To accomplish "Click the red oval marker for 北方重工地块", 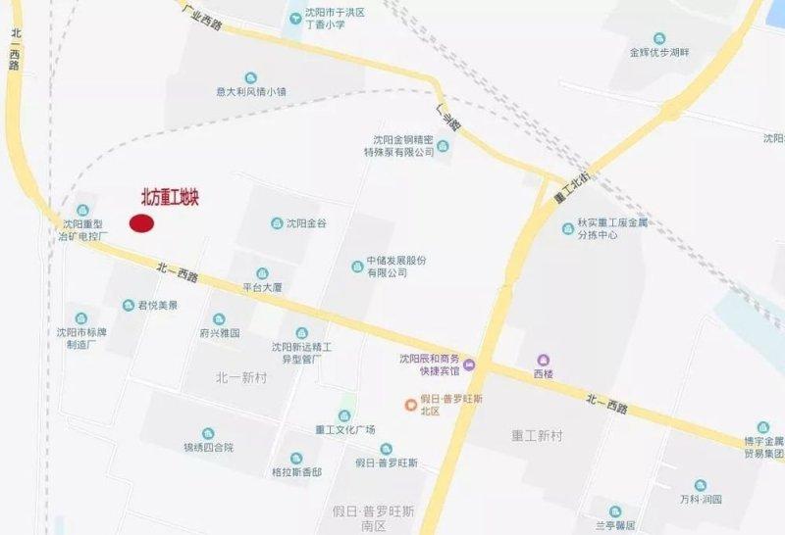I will point(142,223).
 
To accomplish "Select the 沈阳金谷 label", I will point(305,224).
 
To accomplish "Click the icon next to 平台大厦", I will point(262,273).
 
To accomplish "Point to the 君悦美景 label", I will point(157,306).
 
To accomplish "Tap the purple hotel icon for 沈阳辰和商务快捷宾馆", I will point(469,365).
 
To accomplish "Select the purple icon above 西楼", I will point(543,360).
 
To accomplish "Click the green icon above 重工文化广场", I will point(344,414).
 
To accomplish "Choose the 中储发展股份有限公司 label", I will point(395,267).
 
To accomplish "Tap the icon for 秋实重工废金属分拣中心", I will point(568,228).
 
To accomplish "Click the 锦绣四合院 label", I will point(208,448).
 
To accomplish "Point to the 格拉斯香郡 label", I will point(296,471).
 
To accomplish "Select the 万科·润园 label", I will point(700,499).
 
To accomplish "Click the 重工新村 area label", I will point(536,434).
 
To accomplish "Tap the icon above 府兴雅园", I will point(219,318).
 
